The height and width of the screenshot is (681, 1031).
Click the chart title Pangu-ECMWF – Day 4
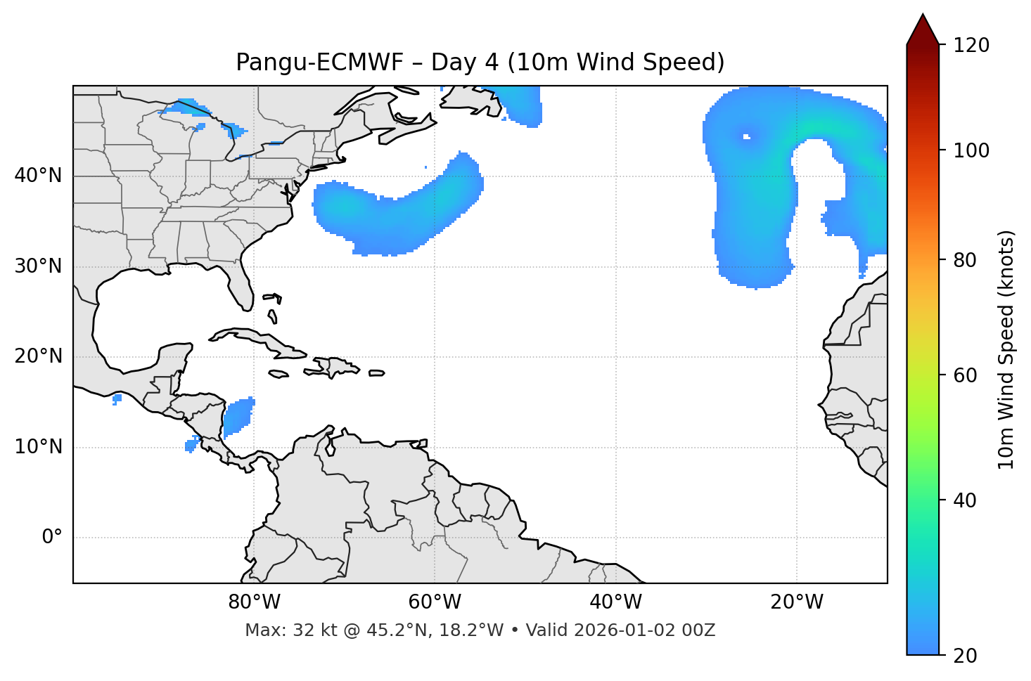(480, 63)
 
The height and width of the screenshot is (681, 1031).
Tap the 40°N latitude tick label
(38, 176)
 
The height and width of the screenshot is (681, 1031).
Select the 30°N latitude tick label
(38, 266)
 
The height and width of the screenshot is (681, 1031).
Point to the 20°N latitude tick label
(38, 356)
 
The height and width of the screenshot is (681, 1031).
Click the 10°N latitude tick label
(38, 447)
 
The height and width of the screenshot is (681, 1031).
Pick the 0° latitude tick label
(52, 538)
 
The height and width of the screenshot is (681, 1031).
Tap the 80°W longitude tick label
(254, 602)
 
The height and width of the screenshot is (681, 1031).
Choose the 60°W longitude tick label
(435, 602)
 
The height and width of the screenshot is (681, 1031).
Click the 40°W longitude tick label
(615, 602)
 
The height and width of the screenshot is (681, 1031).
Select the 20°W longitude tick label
(796, 602)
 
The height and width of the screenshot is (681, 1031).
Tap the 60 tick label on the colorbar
(968, 375)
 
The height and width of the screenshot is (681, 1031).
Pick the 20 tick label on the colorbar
(968, 655)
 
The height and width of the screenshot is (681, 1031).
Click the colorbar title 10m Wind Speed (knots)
(1006, 349)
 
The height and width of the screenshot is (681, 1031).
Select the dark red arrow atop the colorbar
(923, 30)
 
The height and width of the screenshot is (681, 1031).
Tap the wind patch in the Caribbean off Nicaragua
(237, 417)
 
